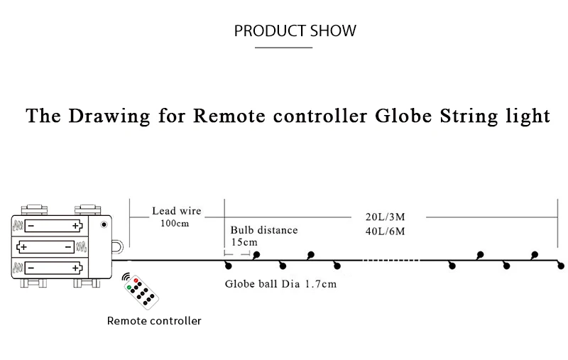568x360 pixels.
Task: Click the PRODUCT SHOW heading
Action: point(295,31)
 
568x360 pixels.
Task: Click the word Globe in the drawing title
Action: point(403,116)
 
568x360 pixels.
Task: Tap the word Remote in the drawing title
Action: point(229,116)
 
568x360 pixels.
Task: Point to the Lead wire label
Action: point(176,211)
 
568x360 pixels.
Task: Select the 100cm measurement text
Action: point(175,223)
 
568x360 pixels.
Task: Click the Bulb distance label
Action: point(264,230)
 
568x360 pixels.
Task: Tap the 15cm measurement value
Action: point(244,242)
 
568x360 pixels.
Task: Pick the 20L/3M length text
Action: point(385,217)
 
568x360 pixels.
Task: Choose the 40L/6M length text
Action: point(385,231)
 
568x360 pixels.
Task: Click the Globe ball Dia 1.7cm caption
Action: point(280,283)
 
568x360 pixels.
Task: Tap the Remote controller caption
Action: point(154,320)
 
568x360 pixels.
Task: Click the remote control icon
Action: point(141,292)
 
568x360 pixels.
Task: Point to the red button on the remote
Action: point(136,280)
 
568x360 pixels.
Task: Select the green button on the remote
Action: point(129,287)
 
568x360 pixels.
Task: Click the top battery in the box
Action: point(54,226)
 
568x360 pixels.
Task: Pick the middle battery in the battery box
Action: point(45,247)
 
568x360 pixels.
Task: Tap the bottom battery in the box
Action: point(54,268)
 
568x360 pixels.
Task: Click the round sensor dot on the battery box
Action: point(104,224)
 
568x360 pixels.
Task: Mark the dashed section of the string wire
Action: point(391,260)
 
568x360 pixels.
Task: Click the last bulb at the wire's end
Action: point(561,266)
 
